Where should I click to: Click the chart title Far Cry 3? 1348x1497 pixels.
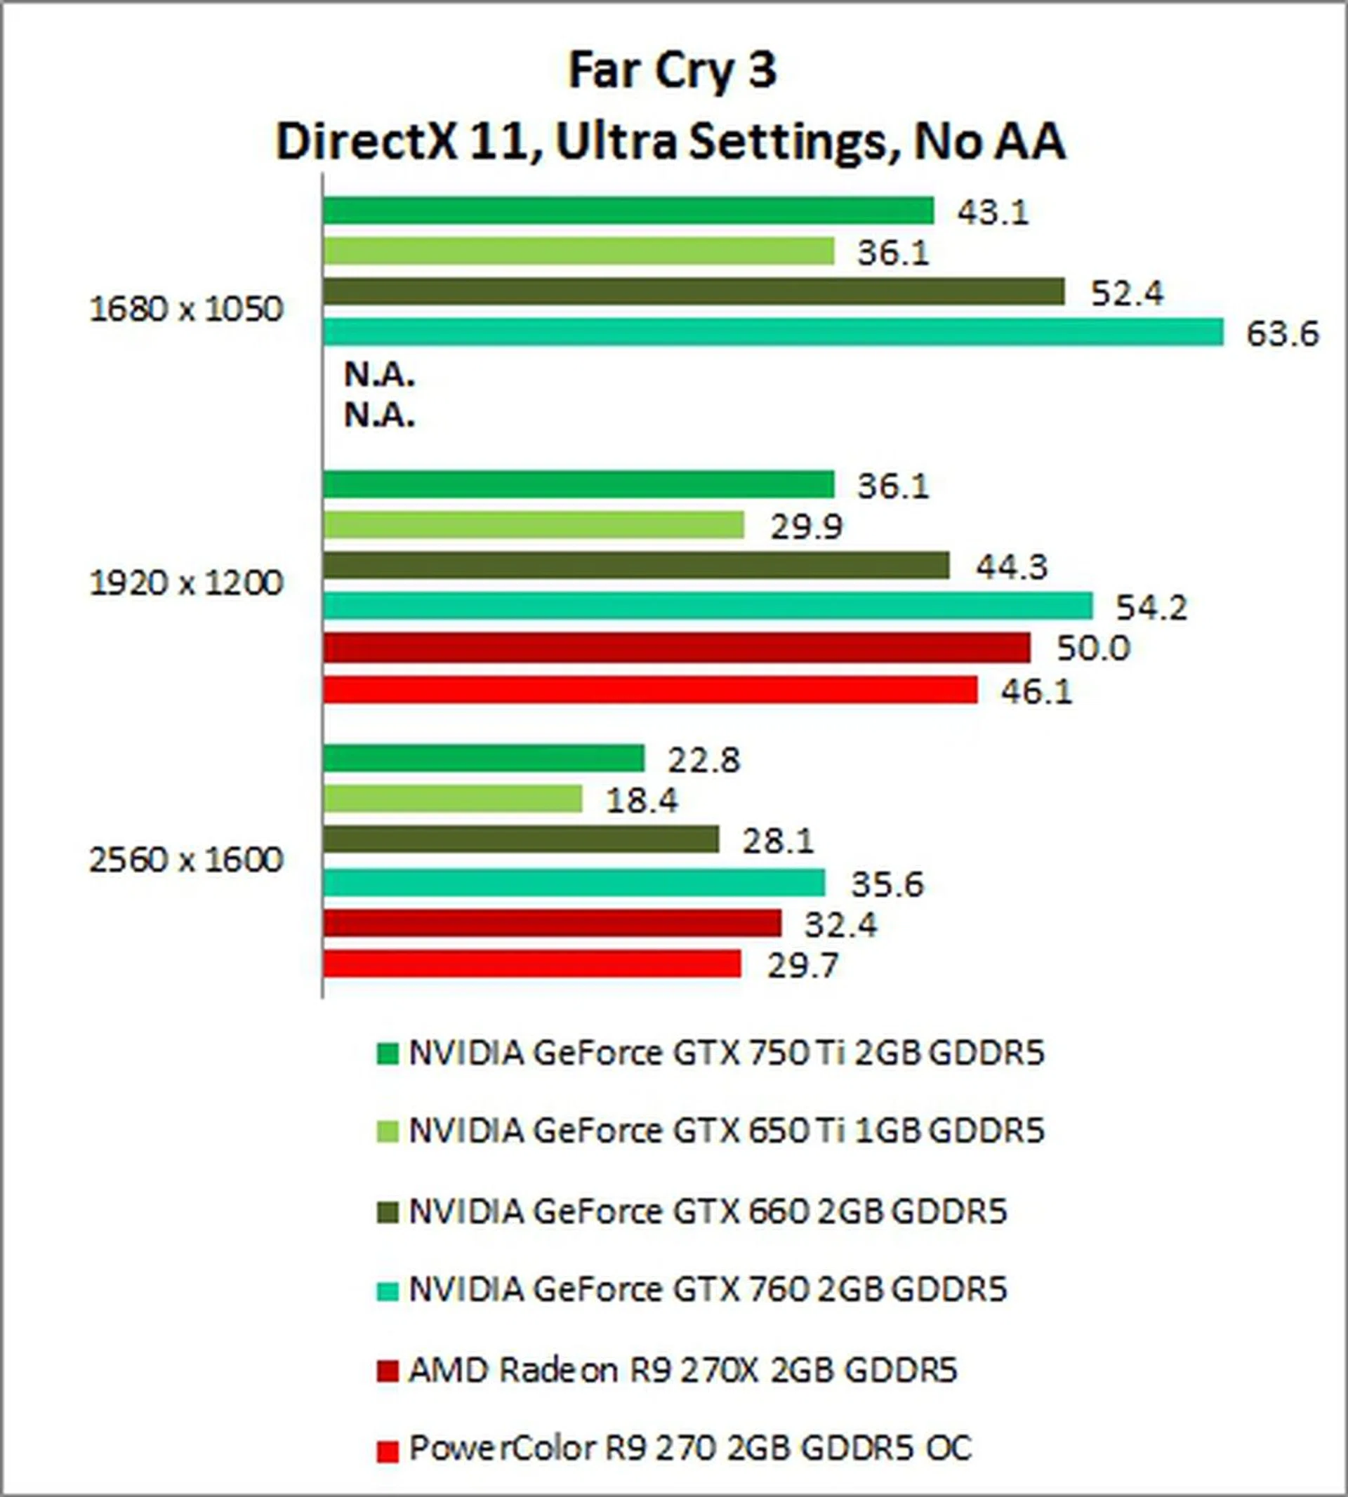672,71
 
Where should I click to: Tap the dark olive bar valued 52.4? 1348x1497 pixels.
693,292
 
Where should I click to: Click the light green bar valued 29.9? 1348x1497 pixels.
534,525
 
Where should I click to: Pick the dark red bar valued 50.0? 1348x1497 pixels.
676,648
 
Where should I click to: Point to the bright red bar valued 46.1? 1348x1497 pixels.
649,690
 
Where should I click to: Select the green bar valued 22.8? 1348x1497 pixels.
484,758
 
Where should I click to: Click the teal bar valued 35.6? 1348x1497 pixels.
574,882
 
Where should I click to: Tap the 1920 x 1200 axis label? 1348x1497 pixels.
186,584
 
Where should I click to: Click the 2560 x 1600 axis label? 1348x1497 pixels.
186,860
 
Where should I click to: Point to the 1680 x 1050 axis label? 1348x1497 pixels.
186,310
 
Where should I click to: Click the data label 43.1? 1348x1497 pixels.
993,213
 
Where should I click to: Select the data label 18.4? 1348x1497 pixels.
642,800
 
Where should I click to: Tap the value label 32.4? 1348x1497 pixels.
840,925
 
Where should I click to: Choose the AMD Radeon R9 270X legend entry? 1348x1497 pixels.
682,1371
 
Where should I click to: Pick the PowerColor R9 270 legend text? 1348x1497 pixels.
689,1447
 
